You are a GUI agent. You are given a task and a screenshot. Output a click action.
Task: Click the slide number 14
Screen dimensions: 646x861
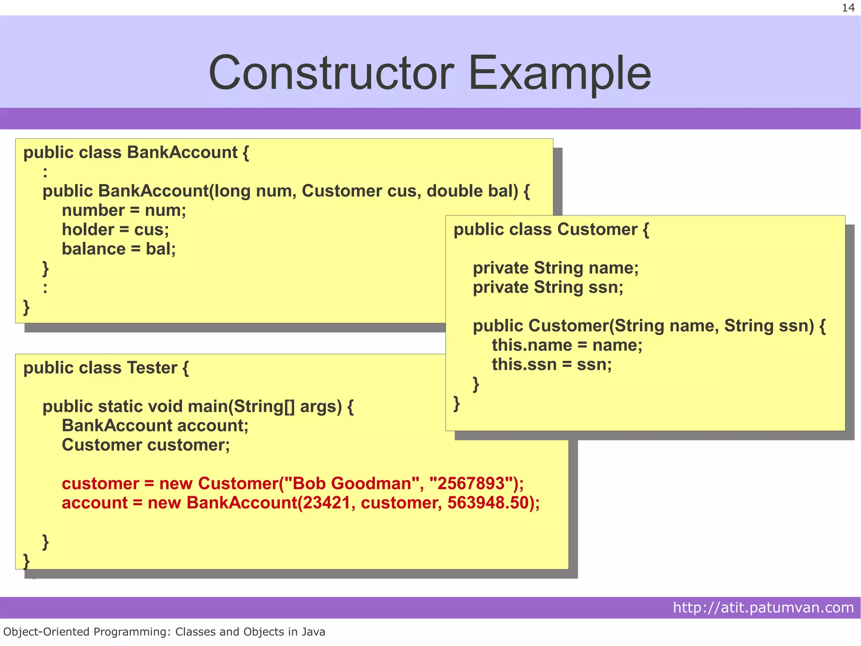click(848, 8)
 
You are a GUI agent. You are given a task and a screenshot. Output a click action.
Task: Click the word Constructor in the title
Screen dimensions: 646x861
click(331, 73)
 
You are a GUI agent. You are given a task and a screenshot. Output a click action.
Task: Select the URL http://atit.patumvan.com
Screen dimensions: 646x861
click(763, 607)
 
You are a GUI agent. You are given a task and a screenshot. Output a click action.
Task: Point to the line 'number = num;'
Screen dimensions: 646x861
click(124, 210)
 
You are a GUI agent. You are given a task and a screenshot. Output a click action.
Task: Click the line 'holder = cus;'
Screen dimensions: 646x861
click(115, 230)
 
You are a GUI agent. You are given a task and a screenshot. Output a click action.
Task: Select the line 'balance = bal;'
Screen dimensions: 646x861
click(119, 249)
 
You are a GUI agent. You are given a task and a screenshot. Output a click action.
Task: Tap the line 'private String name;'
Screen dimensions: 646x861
click(555, 268)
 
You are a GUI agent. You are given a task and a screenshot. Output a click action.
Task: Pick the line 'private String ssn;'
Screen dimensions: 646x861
click(548, 287)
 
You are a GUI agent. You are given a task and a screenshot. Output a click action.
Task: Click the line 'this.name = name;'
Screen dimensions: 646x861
click(567, 345)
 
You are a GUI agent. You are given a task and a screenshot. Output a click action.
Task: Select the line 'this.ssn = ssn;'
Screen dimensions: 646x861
click(552, 364)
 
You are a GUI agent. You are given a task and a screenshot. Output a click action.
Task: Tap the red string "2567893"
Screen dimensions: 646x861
click(471, 484)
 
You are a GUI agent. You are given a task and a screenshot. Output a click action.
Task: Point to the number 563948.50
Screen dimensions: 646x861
click(487, 503)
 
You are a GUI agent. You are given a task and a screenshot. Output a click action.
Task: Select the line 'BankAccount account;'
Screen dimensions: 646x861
click(155, 426)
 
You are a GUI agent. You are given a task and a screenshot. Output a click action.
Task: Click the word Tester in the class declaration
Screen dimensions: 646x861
click(152, 368)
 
